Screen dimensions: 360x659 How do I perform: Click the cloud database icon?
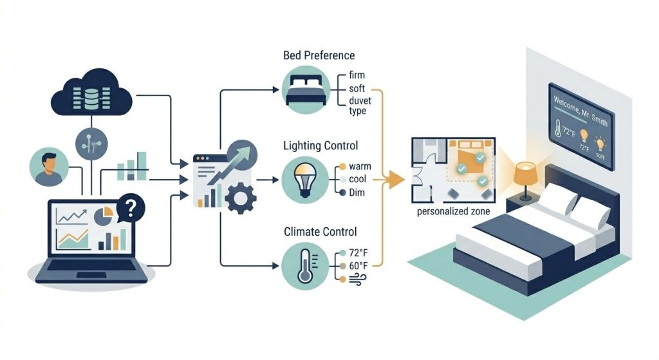[93, 94]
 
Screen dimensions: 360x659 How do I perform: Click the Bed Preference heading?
[319, 55]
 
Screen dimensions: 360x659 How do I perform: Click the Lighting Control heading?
[320, 146]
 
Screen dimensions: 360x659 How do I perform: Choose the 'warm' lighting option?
[360, 166]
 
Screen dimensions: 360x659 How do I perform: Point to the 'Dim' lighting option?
[357, 193]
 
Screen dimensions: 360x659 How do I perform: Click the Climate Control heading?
[319, 231]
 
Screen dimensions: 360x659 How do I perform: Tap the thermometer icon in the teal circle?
[304, 266]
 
